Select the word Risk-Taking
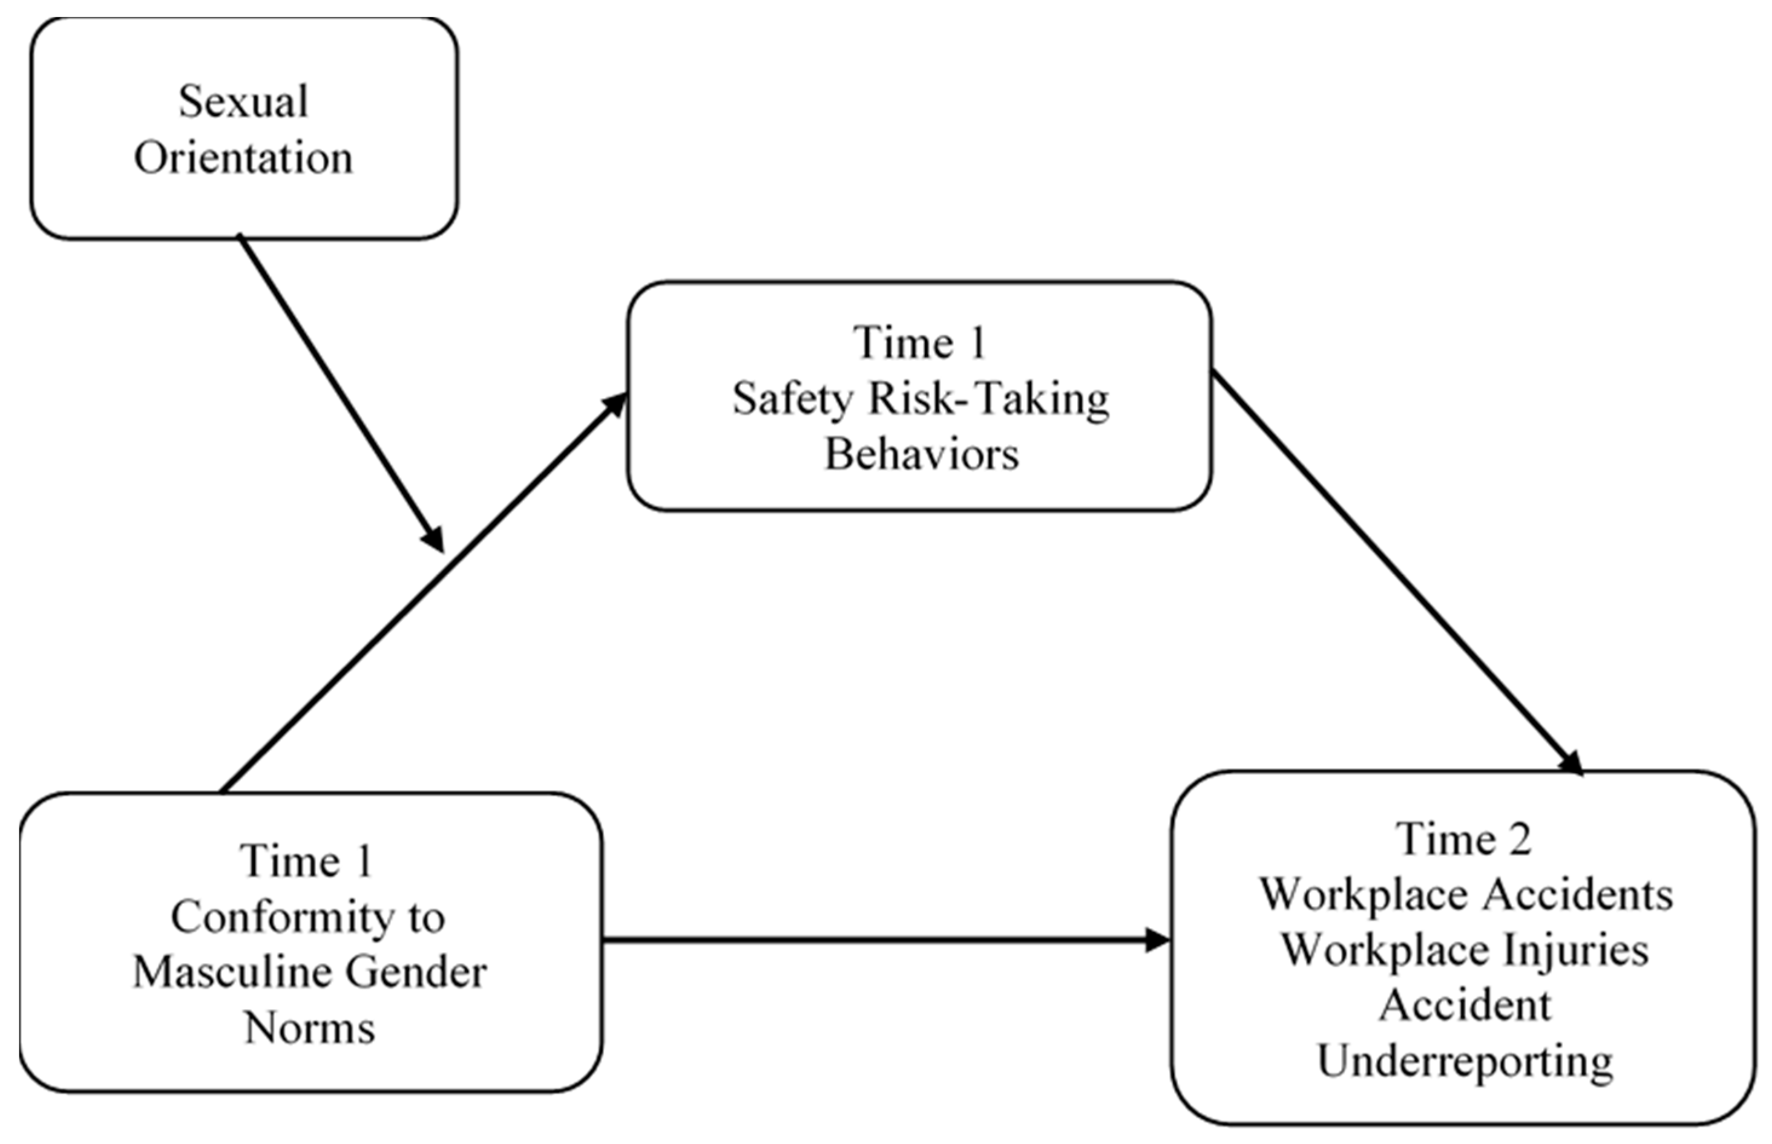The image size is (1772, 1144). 989,400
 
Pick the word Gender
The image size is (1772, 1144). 416,973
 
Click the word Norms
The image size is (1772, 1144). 310,1030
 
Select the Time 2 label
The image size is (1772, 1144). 1464,840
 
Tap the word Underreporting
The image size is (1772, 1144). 1465,1062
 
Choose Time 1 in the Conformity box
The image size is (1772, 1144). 307,861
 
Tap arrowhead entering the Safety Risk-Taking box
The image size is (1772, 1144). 615,405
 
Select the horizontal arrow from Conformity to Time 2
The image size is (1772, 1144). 884,941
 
